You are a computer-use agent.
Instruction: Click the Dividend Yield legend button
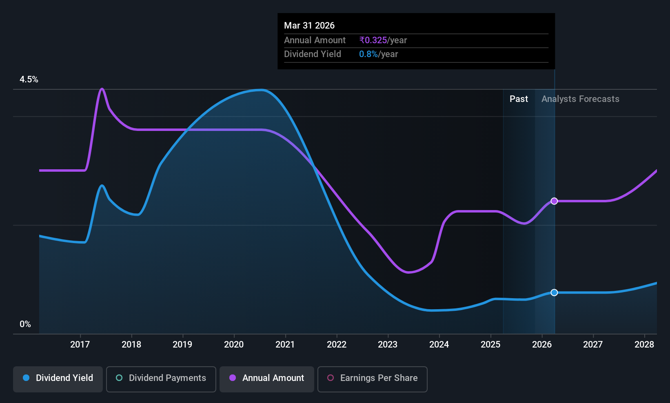pos(58,378)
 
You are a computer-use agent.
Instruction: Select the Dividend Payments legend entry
pos(161,378)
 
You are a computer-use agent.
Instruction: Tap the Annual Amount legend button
pos(267,378)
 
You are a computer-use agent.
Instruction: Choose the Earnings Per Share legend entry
pos(372,378)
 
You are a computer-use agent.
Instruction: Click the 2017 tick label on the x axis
pos(80,345)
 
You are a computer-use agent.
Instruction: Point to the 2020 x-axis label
pos(234,345)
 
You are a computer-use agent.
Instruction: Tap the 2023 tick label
pos(388,345)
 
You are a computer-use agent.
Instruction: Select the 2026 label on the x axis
pos(542,345)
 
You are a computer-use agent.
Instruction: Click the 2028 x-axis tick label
pos(644,345)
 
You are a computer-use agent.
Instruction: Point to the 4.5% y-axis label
pos(29,80)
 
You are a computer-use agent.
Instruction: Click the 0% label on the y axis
pos(25,324)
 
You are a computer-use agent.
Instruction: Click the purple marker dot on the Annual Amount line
pos(554,201)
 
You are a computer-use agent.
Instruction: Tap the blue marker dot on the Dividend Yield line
pos(554,292)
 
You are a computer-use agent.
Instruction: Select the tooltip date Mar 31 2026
pos(309,26)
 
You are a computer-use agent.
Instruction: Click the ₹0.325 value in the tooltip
pos(373,40)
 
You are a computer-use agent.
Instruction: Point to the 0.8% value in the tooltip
pos(368,54)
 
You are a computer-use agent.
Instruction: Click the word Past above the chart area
pos(519,99)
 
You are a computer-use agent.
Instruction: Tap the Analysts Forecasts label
pos(580,99)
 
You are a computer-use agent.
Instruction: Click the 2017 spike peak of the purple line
pos(102,89)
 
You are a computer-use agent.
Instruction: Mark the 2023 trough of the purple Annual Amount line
pos(408,272)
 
